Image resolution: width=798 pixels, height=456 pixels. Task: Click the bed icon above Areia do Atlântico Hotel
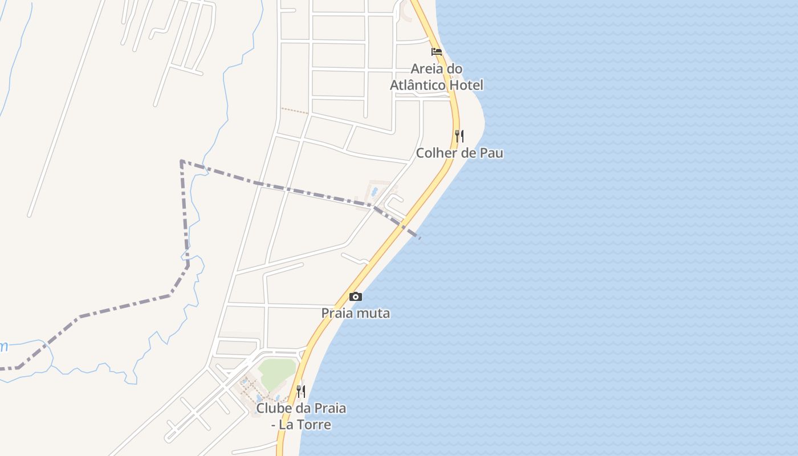(x=437, y=51)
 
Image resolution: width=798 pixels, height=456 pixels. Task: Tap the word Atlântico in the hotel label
(x=421, y=85)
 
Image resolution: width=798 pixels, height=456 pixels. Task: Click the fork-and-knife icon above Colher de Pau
(x=459, y=136)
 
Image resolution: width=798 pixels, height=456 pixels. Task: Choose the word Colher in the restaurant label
(x=434, y=153)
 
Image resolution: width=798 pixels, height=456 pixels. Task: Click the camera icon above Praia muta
(x=355, y=296)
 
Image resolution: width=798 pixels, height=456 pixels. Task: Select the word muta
(x=371, y=313)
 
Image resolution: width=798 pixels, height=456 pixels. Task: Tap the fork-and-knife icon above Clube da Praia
(x=301, y=392)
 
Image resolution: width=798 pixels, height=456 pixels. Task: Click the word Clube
(x=272, y=408)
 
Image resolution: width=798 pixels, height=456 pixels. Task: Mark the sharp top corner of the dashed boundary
(x=181, y=161)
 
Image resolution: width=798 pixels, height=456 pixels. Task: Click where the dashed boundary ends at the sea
(x=420, y=238)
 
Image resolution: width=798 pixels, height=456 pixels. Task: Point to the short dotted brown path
(x=294, y=111)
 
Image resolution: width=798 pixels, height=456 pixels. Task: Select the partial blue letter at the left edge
(x=3, y=346)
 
